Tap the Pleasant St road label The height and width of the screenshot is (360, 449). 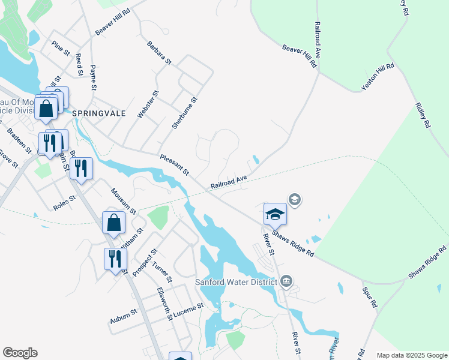point(175,165)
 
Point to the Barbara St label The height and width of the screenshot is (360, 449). point(160,53)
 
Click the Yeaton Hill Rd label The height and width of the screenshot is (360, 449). point(378,77)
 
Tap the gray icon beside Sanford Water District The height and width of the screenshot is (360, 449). point(286,281)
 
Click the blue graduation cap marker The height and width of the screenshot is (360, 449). point(274,214)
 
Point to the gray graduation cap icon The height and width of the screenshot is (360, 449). point(295,199)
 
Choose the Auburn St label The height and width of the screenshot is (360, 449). point(123,316)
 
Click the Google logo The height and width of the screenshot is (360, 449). point(20,353)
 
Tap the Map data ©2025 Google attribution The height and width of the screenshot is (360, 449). point(411,355)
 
